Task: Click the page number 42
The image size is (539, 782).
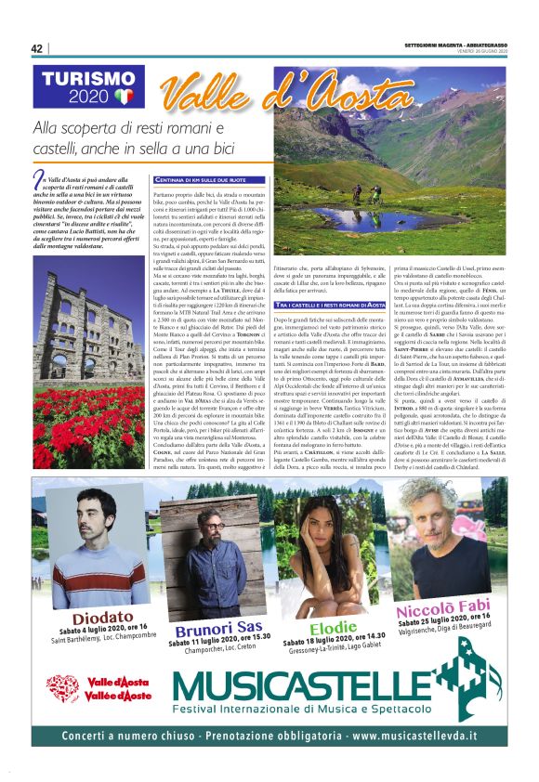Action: (37, 48)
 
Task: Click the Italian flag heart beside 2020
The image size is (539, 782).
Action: (125, 96)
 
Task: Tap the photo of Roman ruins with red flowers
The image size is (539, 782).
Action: (88, 381)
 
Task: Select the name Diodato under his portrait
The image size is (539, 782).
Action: (79, 618)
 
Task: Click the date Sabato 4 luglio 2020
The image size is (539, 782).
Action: (89, 633)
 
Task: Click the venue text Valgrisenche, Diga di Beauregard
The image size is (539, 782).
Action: (440, 634)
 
